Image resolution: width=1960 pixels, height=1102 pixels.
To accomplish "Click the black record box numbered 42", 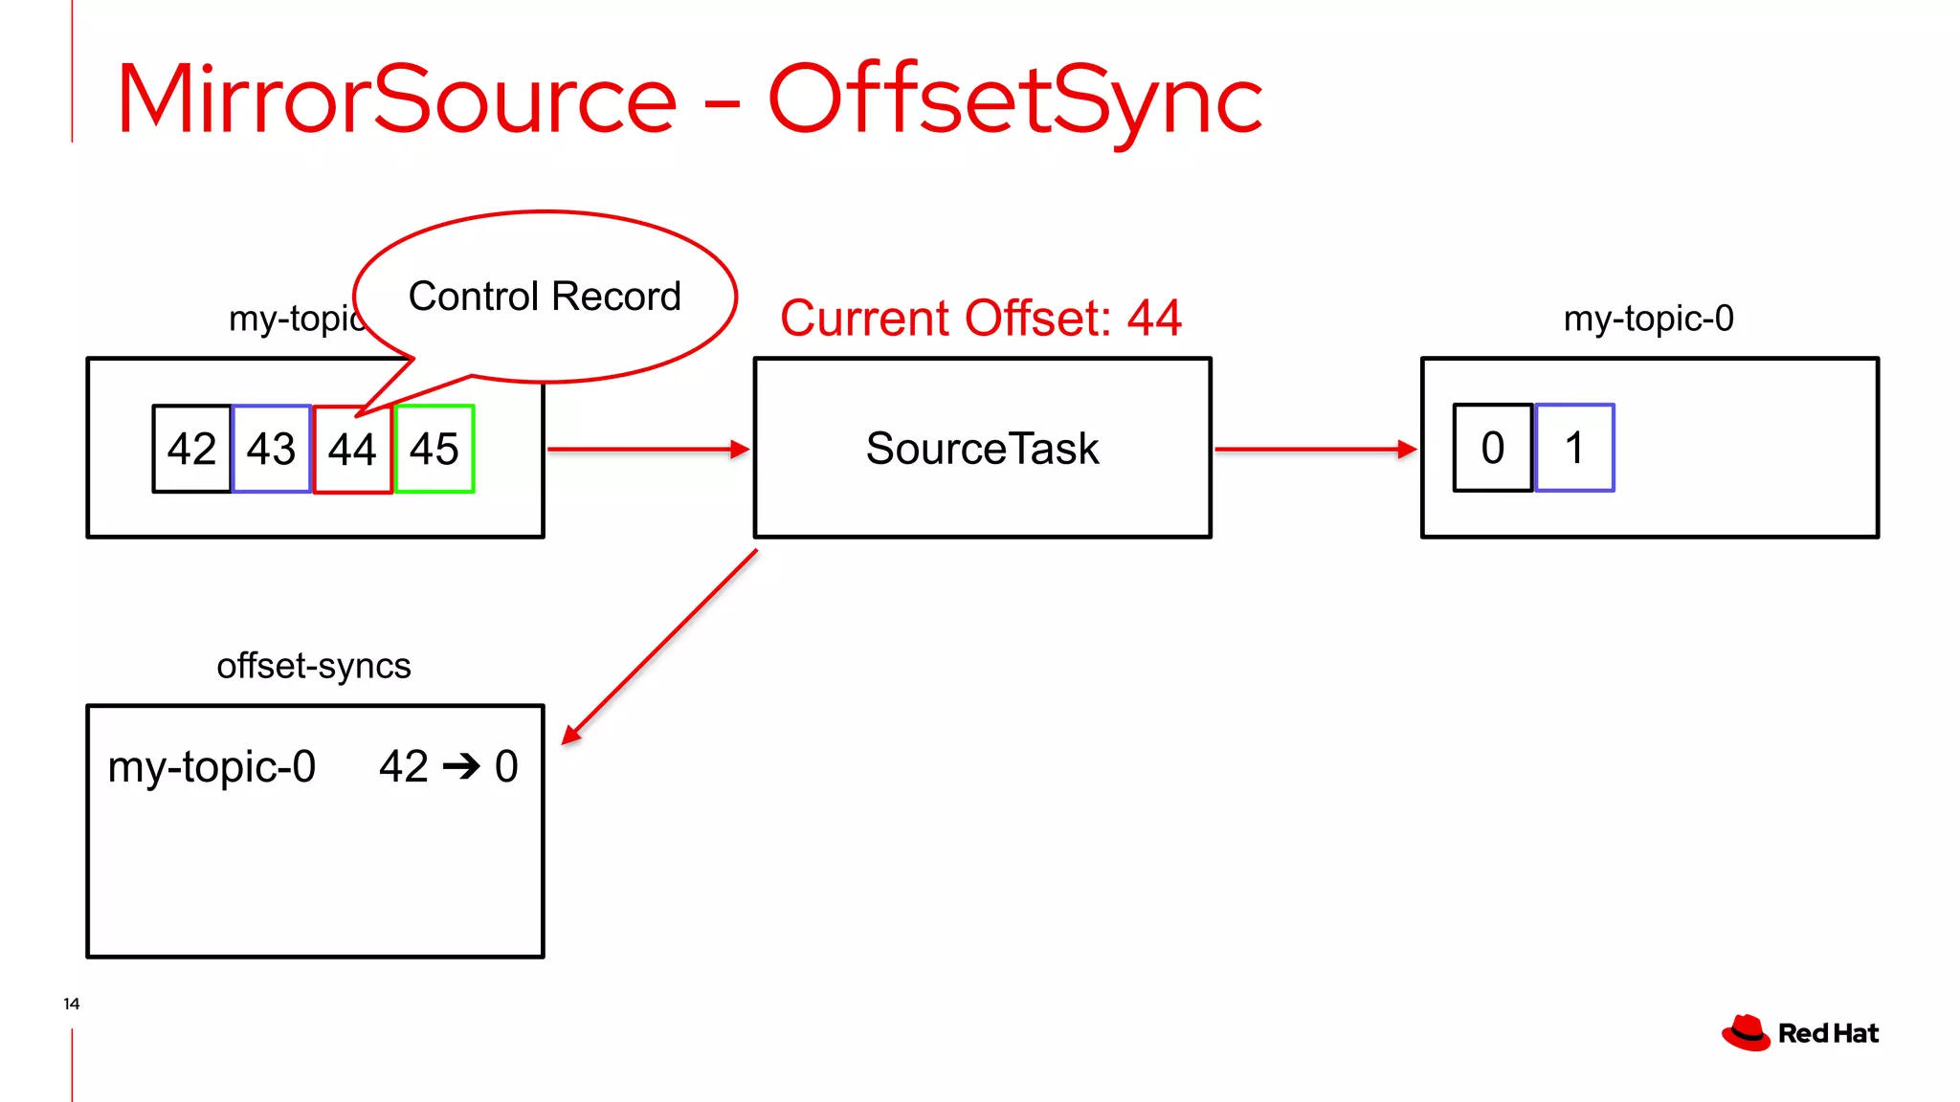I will (191, 449).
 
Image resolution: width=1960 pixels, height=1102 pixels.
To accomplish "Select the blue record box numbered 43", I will (272, 449).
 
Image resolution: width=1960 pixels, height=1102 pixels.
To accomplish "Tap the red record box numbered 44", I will (352, 450).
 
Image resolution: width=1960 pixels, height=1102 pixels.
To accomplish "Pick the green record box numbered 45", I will (434, 449).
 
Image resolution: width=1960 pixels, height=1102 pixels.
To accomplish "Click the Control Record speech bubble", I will (545, 297).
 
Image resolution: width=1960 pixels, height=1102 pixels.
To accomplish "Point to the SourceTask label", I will (982, 449).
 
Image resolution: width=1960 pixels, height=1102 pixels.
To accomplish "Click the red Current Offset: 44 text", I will (980, 318).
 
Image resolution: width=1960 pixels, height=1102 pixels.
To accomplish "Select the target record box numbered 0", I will (1492, 448).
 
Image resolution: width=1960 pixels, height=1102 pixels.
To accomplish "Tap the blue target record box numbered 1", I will (1574, 448).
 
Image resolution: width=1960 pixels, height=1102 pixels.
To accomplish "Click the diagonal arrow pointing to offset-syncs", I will (660, 647).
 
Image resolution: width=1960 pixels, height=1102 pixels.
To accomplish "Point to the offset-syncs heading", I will (314, 666).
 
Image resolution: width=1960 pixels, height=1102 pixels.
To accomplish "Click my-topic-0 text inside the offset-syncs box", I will (212, 766).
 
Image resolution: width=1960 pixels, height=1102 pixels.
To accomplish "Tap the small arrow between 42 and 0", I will (461, 766).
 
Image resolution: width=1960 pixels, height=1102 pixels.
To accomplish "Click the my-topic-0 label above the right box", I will (1648, 319).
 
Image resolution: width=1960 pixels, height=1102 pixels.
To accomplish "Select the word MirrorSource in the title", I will (396, 99).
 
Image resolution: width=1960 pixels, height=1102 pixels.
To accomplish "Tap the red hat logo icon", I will (1746, 1033).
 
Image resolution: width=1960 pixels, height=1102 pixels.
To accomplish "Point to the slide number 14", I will (72, 1003).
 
